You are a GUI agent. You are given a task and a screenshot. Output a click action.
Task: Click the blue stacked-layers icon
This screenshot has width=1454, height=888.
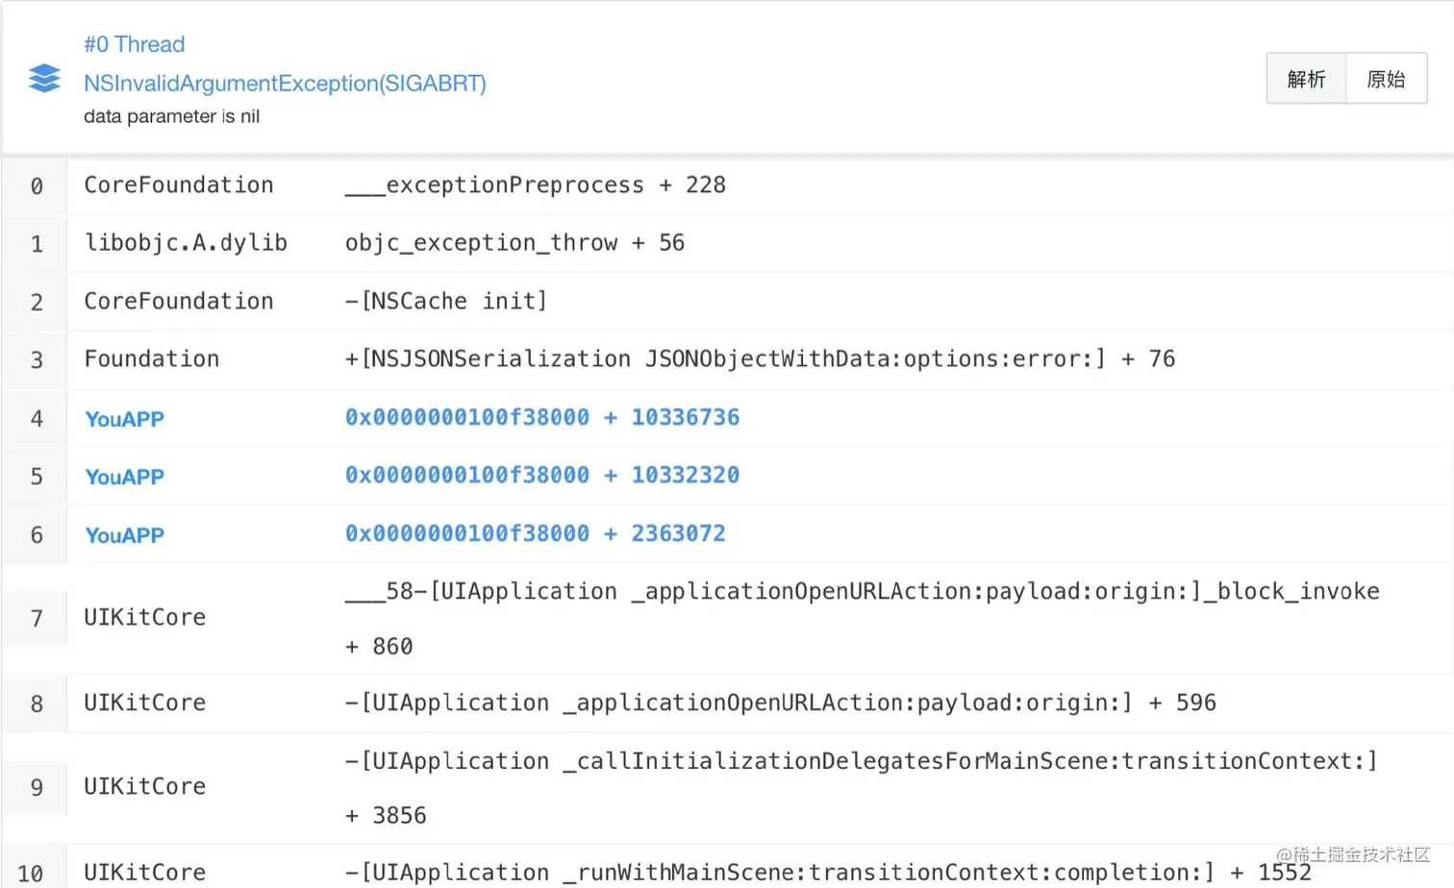coord(44,78)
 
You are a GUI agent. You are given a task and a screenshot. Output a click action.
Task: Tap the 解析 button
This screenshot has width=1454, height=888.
coord(1306,79)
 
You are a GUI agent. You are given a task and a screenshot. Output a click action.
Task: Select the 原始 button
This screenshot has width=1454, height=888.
coord(1386,79)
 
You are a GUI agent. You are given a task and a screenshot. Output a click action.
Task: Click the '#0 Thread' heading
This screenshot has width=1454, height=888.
coord(135,44)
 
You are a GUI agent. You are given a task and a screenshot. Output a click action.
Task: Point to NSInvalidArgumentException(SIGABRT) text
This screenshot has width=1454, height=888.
coord(285,84)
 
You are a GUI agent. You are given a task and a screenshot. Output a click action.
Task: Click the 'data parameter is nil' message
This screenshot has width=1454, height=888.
coord(171,116)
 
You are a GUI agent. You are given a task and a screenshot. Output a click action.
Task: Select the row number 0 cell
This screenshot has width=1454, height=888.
coord(37,185)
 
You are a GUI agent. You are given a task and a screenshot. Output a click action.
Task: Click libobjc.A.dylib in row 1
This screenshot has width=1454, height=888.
coord(186,243)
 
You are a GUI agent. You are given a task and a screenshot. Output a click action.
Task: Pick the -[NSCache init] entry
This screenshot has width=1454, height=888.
coord(446,302)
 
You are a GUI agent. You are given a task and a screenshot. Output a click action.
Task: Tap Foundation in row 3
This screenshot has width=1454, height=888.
coord(152,359)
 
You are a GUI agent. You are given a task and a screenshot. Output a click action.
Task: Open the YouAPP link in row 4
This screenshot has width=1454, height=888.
coord(125,419)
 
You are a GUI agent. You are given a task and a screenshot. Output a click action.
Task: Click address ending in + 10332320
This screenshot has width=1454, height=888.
coord(542,476)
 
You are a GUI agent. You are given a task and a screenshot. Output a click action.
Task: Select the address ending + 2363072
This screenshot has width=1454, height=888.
coord(536,533)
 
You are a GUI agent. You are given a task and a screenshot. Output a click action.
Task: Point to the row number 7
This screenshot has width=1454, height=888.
coord(37,618)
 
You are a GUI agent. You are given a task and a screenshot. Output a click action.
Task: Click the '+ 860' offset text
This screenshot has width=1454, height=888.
coord(379,647)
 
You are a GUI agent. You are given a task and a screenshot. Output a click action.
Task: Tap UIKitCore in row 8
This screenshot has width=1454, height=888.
coord(145,703)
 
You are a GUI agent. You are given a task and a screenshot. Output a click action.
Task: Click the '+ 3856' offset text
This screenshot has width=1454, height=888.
coord(386,816)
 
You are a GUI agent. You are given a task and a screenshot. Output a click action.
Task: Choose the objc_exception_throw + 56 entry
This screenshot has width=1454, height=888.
coord(514,243)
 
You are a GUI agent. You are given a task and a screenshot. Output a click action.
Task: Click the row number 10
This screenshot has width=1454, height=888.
coord(31,873)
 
